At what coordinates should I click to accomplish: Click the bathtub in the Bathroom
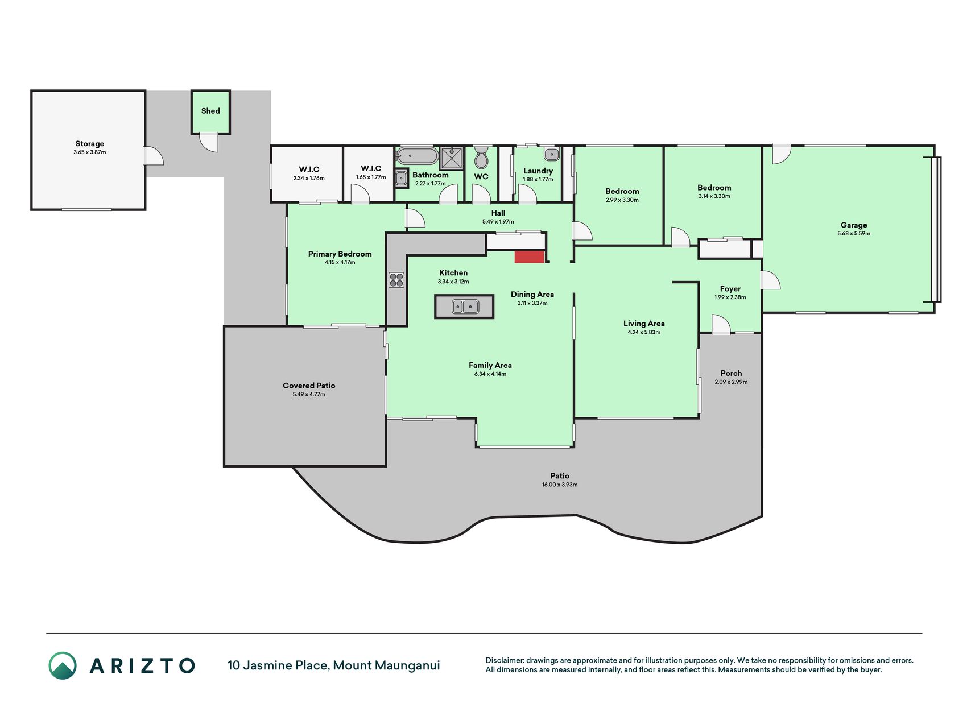pyautogui.click(x=417, y=156)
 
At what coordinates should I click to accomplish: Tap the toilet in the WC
pyautogui.click(x=481, y=158)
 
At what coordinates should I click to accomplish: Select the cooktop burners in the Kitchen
pyautogui.click(x=396, y=280)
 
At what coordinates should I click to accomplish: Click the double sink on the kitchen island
pyautogui.click(x=465, y=307)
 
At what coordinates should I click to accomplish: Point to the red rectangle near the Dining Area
pyautogui.click(x=530, y=257)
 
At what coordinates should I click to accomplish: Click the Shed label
pyautogui.click(x=210, y=111)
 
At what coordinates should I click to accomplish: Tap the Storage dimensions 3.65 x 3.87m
pyautogui.click(x=90, y=152)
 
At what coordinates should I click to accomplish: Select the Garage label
pyautogui.click(x=854, y=225)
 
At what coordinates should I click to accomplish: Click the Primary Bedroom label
pyautogui.click(x=340, y=254)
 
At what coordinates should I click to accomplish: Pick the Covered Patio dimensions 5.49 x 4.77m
pyautogui.click(x=309, y=394)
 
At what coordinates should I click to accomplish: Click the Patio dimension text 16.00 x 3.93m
pyautogui.click(x=560, y=485)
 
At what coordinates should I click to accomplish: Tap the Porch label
pyautogui.click(x=731, y=373)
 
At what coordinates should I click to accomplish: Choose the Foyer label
pyautogui.click(x=730, y=289)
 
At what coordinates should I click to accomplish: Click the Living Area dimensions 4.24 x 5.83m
pyautogui.click(x=644, y=332)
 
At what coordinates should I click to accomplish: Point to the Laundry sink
pyautogui.click(x=551, y=154)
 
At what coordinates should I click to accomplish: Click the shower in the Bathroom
pyautogui.click(x=452, y=159)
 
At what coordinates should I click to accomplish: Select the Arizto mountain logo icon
pyautogui.click(x=63, y=665)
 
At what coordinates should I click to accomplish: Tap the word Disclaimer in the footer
pyautogui.click(x=505, y=660)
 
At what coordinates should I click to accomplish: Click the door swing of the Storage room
pyautogui.click(x=154, y=156)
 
